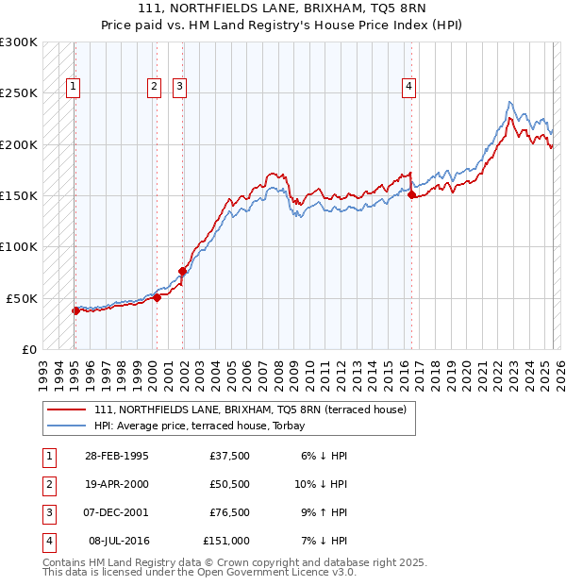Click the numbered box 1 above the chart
(73, 87)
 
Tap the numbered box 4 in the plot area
(409, 87)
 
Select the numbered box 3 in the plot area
(179, 87)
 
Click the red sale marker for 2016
(411, 195)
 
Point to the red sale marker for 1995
(75, 310)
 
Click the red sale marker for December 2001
(182, 271)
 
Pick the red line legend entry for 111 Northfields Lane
(250, 409)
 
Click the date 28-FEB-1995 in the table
(117, 456)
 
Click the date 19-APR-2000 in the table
(117, 484)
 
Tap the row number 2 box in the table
(47, 484)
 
